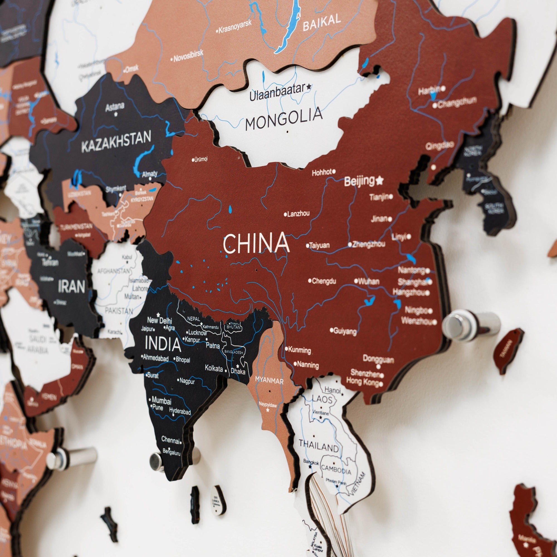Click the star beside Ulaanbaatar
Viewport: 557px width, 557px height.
(309, 86)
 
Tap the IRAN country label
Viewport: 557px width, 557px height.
(72, 287)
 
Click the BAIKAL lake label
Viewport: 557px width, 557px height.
(322, 23)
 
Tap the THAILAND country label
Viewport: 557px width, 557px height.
(319, 445)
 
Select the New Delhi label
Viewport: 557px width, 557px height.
(159, 320)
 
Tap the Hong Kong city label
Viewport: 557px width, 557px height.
(362, 382)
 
